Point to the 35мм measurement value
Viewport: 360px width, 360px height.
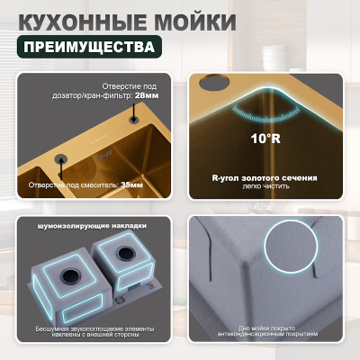coord(131,184)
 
